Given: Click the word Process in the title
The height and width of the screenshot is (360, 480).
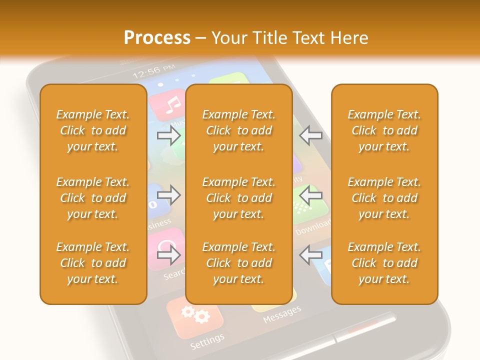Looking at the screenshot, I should pyautogui.click(x=157, y=37).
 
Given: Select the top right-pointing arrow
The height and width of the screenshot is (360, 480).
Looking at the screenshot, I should pyautogui.click(x=168, y=135).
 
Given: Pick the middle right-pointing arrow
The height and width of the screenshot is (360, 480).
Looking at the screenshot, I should pyautogui.click(x=168, y=194).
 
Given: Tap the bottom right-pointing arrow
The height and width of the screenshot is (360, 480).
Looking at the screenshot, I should pyautogui.click(x=168, y=255).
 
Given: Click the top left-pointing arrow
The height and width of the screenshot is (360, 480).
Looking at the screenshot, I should pyautogui.click(x=310, y=135).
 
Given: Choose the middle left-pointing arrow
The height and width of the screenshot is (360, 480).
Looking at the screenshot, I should pyautogui.click(x=310, y=194).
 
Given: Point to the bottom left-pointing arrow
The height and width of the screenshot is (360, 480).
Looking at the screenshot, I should pyautogui.click(x=310, y=255).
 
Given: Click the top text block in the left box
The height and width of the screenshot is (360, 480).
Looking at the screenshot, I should pyautogui.click(x=93, y=130).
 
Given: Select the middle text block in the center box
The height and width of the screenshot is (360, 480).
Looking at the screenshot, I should pyautogui.click(x=238, y=198).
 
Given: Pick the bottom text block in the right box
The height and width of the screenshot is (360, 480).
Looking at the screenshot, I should pyautogui.click(x=384, y=263).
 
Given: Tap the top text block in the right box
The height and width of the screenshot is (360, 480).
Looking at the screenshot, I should pyautogui.click(x=384, y=130).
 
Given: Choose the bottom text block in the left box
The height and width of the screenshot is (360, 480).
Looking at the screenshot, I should pyautogui.click(x=93, y=263).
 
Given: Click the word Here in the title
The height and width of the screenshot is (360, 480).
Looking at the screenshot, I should pyautogui.click(x=349, y=37).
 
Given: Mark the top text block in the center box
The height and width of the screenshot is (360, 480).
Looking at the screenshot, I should pyautogui.click(x=238, y=130).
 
